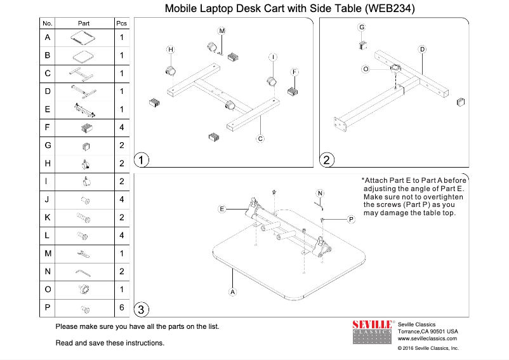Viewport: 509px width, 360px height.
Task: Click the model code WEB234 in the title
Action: coord(390,8)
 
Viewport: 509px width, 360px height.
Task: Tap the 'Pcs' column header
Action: coord(121,23)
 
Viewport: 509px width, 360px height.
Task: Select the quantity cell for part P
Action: coord(122,307)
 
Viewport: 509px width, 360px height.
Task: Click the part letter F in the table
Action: coord(48,127)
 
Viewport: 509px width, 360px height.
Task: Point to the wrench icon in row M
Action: coord(83,254)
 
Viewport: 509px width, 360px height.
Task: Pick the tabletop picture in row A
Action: coord(83,37)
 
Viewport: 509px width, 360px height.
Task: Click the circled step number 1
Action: coord(141,160)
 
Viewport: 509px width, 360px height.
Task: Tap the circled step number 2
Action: coord(326,160)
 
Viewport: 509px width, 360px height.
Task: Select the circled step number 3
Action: coord(141,309)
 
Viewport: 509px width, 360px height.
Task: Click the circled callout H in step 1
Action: coord(171,50)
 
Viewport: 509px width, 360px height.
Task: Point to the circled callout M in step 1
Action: coord(221,31)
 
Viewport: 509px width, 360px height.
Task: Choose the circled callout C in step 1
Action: coord(260,139)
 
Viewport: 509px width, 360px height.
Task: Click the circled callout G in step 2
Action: coord(362,27)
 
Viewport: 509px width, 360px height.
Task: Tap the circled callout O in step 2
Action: coord(366,69)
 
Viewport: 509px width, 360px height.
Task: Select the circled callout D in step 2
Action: coord(422,50)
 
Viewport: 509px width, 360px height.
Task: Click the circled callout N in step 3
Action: coord(320,194)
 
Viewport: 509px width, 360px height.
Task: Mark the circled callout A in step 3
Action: coord(232,292)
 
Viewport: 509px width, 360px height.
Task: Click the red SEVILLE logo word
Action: coord(372,324)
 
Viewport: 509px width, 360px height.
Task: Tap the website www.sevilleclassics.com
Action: coord(427,338)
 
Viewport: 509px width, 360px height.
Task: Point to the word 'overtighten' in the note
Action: coord(444,197)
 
